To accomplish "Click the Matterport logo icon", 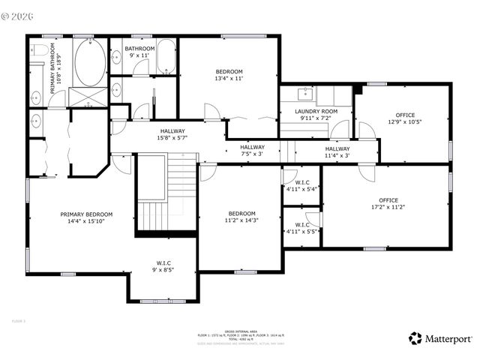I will click(x=415, y=338).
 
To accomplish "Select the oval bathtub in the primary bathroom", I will click(x=90, y=63).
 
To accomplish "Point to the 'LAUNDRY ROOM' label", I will click(x=316, y=111).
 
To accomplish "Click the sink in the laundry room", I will click(x=306, y=94).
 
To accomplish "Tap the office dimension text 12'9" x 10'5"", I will click(x=404, y=121).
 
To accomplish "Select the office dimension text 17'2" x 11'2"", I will click(x=388, y=207).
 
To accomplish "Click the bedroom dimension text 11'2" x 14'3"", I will click(x=242, y=220).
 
